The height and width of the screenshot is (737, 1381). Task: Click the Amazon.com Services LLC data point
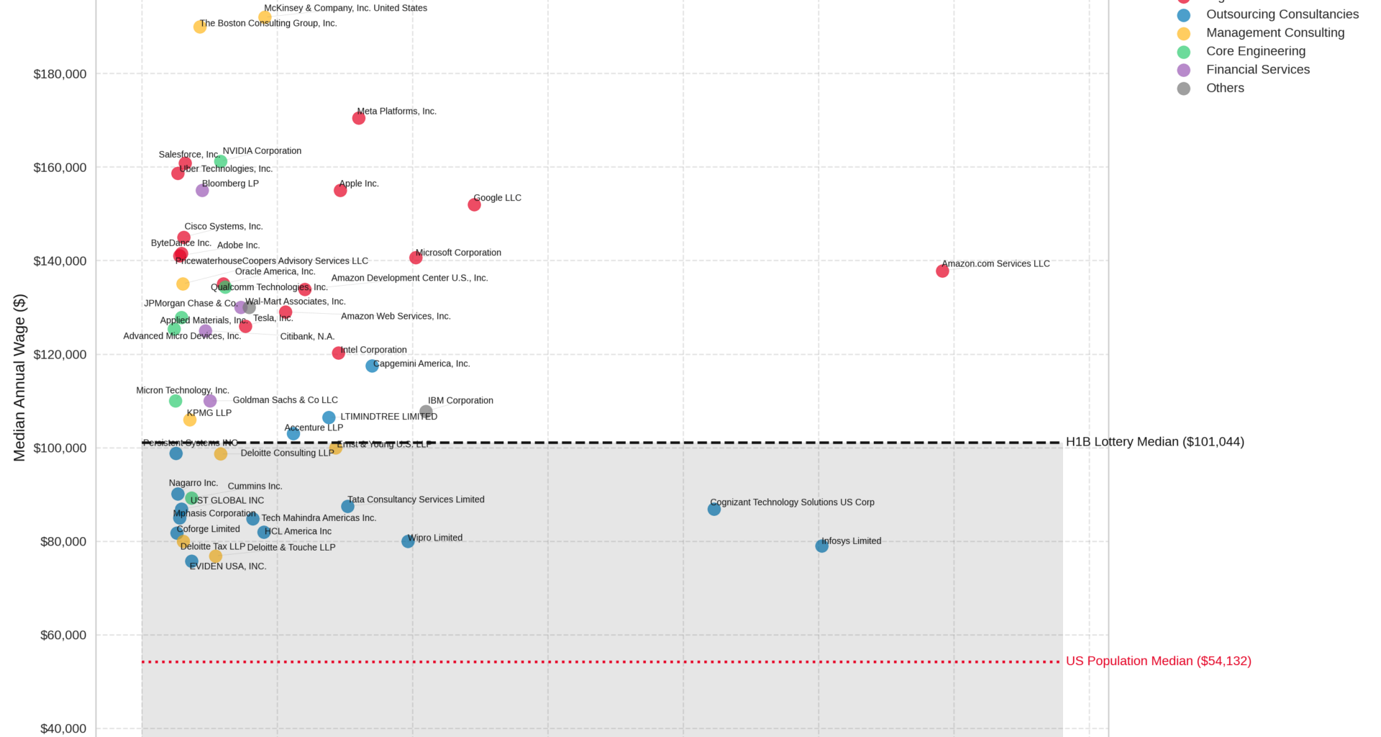click(942, 271)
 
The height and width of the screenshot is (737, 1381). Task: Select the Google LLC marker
click(474, 204)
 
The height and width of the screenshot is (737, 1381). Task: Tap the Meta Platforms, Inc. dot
click(359, 118)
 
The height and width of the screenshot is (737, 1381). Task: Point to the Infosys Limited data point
click(821, 546)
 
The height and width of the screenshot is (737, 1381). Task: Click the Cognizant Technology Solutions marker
click(714, 509)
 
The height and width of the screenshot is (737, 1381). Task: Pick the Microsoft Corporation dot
click(416, 258)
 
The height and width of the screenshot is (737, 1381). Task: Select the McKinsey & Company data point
click(265, 17)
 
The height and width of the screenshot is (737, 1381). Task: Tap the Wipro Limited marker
click(408, 541)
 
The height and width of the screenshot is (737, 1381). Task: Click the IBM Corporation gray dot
click(426, 412)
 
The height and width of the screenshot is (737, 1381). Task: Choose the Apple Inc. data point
click(340, 190)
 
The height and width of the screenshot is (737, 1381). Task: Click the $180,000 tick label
click(60, 74)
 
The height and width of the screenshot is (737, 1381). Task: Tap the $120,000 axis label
click(60, 355)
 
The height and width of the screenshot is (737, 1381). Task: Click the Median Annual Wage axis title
click(19, 377)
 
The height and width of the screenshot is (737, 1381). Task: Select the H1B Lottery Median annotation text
click(1154, 442)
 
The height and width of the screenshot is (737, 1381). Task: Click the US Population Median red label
click(1158, 661)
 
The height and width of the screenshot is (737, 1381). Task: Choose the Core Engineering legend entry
click(1255, 51)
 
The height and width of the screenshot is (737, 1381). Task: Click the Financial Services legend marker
click(1183, 70)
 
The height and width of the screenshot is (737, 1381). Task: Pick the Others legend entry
click(1224, 88)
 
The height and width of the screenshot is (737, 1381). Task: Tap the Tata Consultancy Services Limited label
click(416, 499)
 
